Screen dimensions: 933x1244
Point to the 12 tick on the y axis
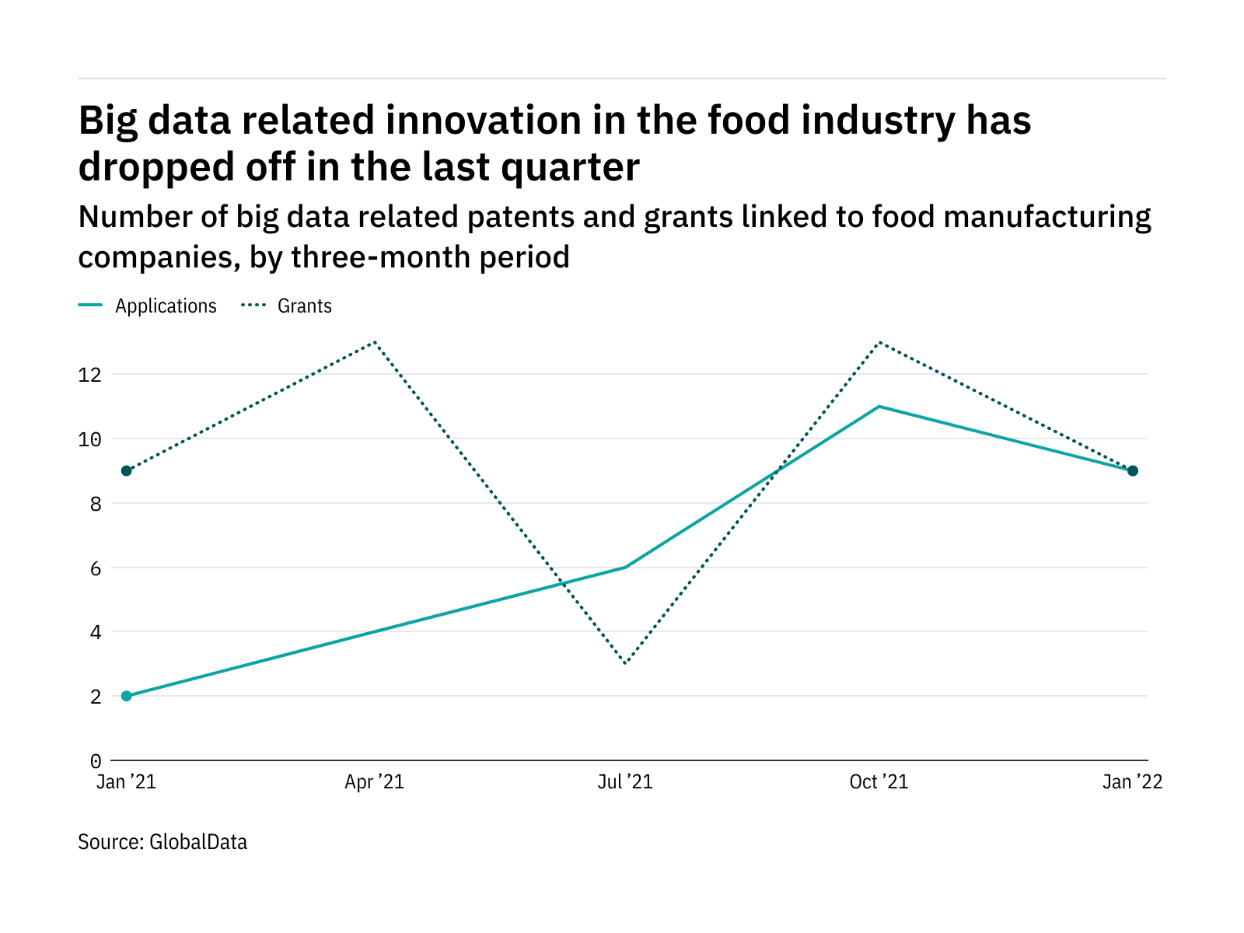pos(90,375)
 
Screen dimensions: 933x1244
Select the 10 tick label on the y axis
pos(90,439)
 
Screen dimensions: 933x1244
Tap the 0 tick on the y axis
pos(96,760)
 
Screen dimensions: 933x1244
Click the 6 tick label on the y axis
pos(96,568)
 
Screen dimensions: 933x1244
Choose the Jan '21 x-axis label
pos(126,782)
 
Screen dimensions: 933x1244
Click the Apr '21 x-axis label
pos(375,782)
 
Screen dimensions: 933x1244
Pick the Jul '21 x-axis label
pos(625,782)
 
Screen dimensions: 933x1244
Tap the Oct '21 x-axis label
pos(879,782)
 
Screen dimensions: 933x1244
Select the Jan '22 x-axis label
pos(1132,782)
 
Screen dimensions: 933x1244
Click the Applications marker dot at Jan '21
pos(127,696)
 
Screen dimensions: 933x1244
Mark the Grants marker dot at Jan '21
pos(127,470)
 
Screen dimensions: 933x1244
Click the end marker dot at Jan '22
pos(1133,470)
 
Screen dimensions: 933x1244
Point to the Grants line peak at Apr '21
pos(375,342)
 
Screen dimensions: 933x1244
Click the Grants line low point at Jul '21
pos(625,663)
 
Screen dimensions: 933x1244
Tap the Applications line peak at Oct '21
pos(879,407)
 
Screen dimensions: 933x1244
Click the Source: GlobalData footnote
pos(162,842)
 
